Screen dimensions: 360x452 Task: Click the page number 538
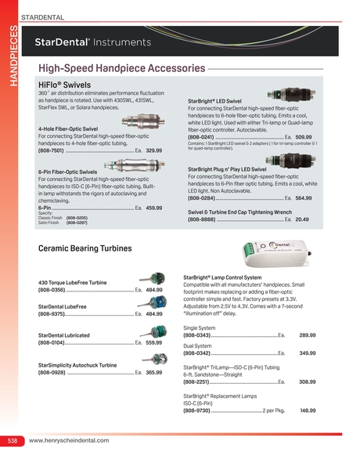click(13, 442)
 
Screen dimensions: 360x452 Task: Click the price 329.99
click(153, 150)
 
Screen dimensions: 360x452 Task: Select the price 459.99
click(153, 208)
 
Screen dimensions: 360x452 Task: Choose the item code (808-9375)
click(52, 313)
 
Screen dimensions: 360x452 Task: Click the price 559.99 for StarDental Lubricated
click(153, 342)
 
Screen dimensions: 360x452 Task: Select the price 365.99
click(153, 373)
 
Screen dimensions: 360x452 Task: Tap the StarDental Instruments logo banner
click(88, 42)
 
